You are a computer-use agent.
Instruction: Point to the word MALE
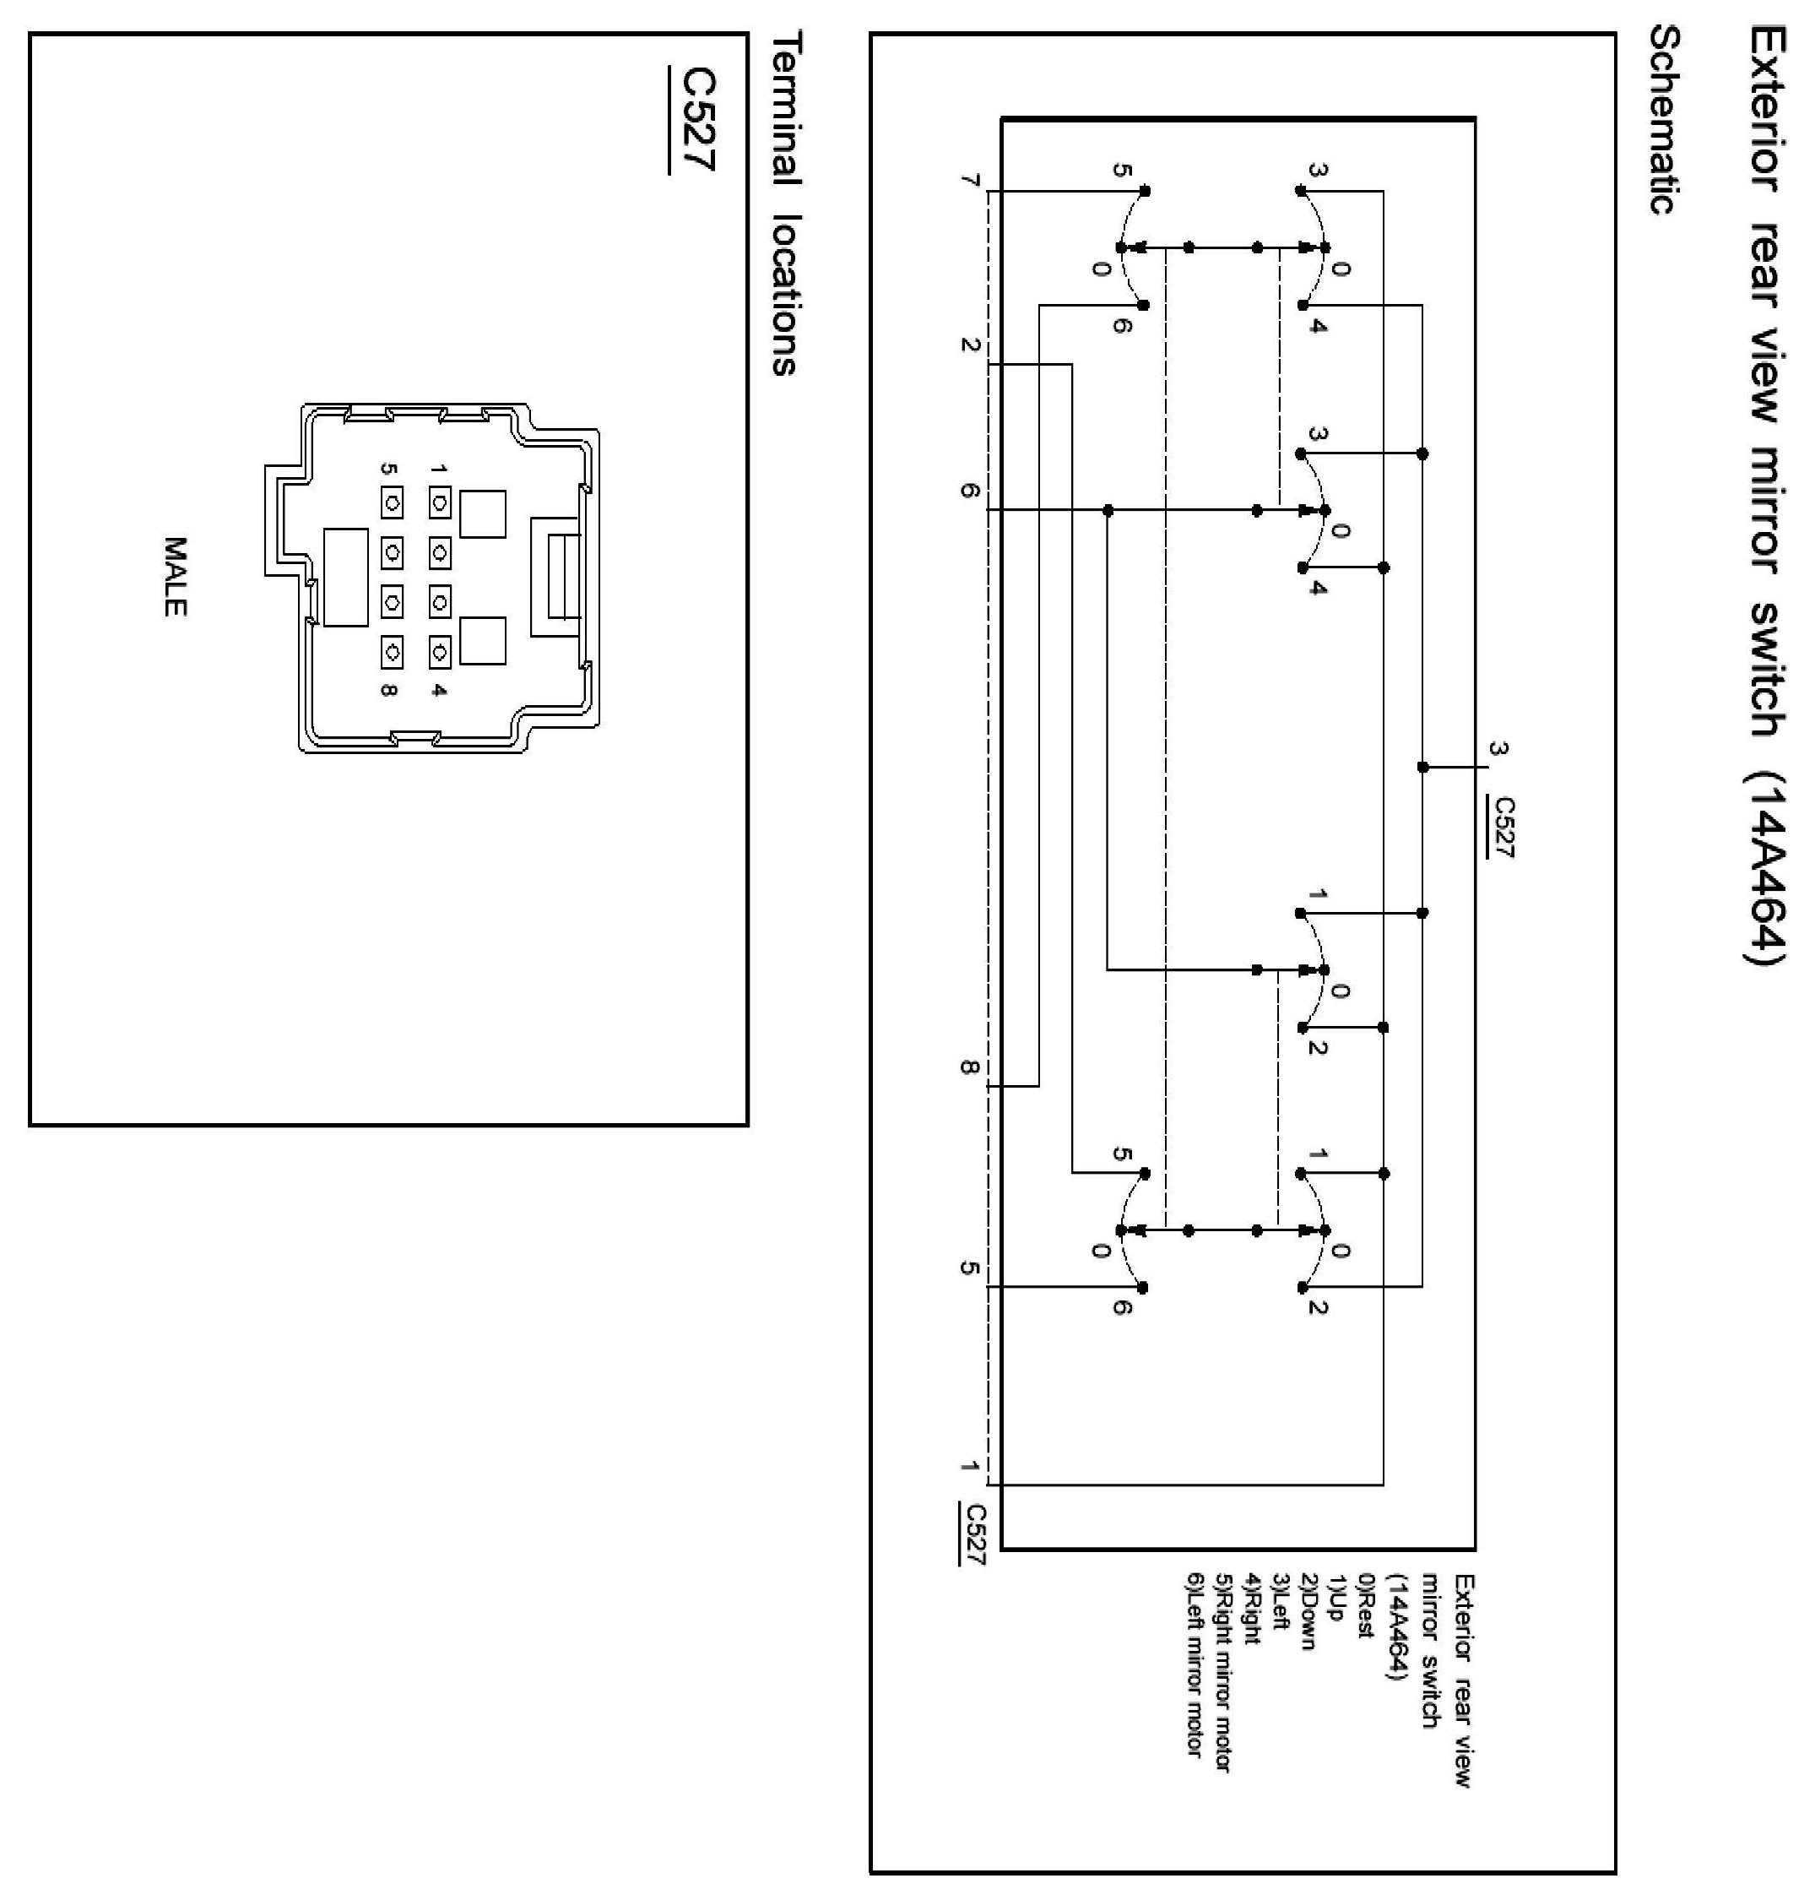coord(175,577)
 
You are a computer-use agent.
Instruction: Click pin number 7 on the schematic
coord(970,181)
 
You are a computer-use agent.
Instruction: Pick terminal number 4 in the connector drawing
coord(439,690)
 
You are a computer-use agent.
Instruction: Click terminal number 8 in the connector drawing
coord(389,690)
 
